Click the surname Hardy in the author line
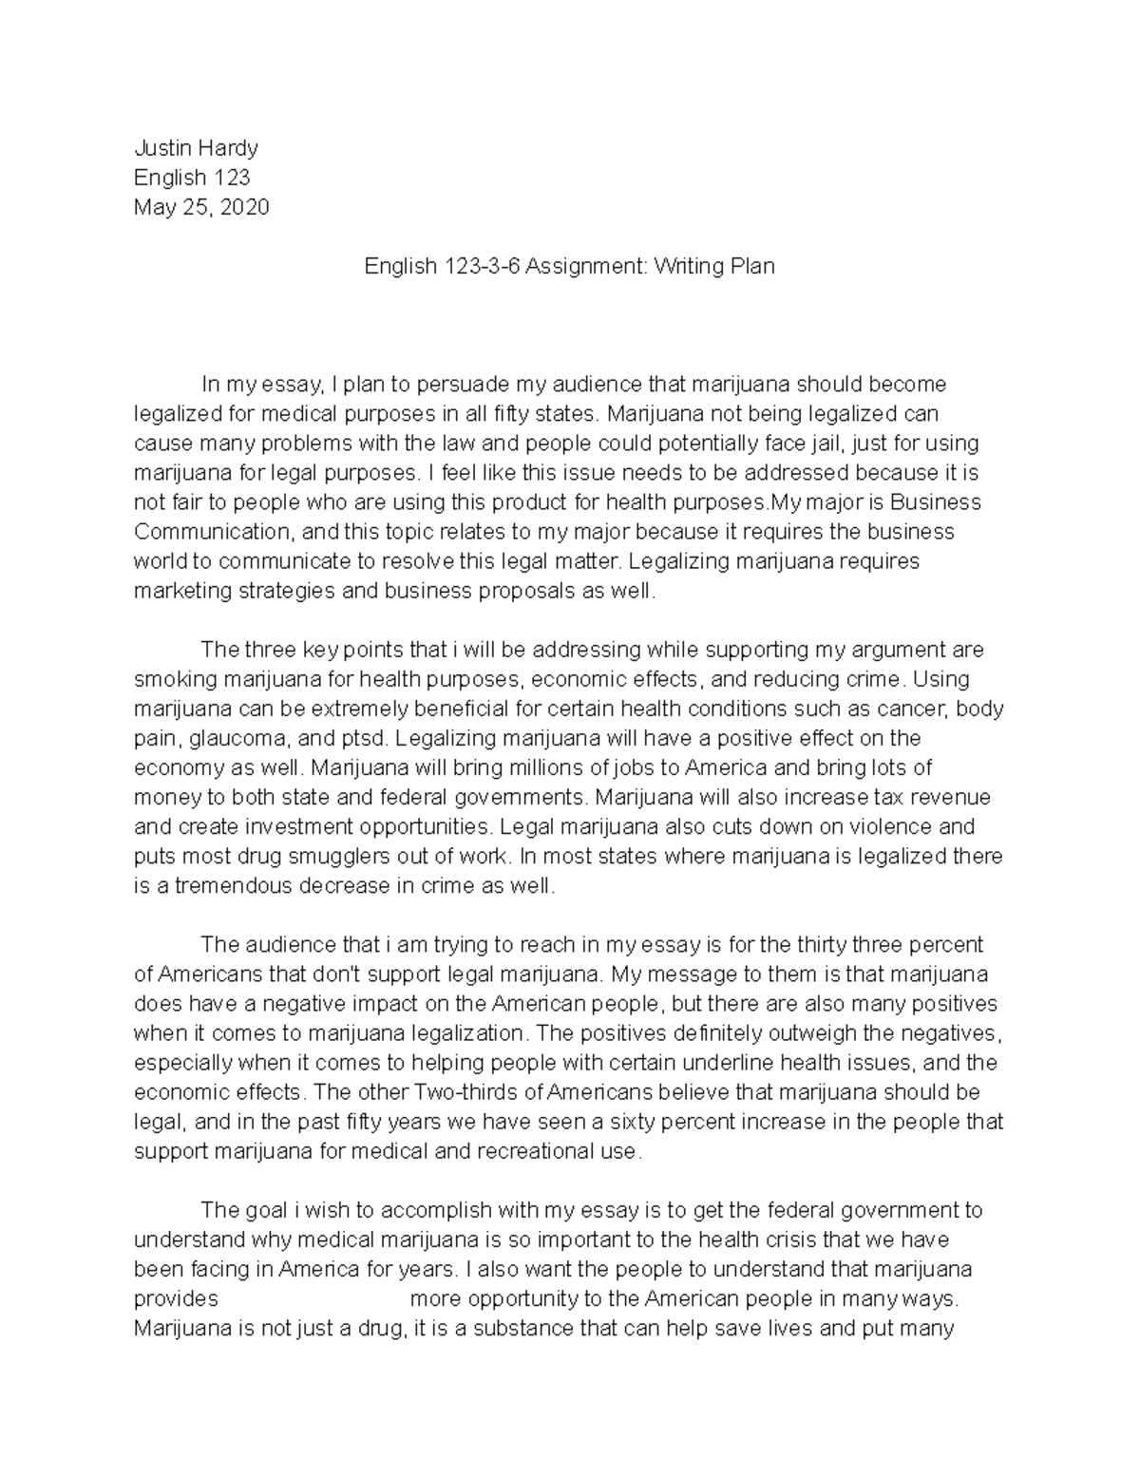coord(228,148)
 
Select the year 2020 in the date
coord(244,207)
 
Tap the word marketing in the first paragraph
coord(182,591)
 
